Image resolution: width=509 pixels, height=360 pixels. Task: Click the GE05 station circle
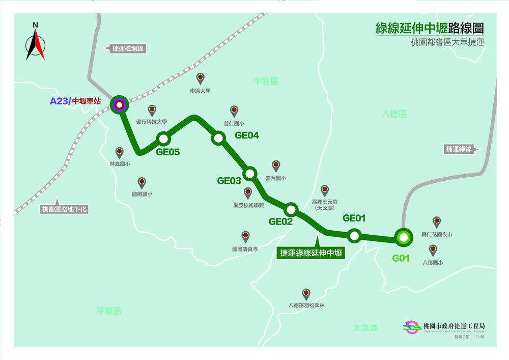coord(163,139)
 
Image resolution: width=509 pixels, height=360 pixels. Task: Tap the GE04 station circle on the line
coord(218,138)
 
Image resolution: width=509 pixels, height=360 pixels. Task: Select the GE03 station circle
coord(249,174)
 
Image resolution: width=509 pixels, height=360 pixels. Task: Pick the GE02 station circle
coord(291,209)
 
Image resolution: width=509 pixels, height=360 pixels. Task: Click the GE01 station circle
coord(354,236)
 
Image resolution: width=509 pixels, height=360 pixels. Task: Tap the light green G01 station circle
coord(403,237)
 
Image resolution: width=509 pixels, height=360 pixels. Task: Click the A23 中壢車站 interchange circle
coord(119,105)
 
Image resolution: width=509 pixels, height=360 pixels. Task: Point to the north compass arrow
coord(35,43)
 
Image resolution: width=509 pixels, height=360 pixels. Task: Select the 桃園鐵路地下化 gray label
coord(64,209)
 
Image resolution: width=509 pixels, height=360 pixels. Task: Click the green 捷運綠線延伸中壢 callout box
coord(311,253)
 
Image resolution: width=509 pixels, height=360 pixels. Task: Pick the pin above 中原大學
coord(201,78)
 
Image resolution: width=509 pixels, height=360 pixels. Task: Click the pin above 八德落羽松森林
coord(306,294)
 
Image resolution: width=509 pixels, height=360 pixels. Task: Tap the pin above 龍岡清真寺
coord(245,236)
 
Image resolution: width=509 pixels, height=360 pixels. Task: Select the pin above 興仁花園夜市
coord(436,222)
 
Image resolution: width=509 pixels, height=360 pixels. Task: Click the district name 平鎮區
coord(109,311)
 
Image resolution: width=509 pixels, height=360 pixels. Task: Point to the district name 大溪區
coord(365,327)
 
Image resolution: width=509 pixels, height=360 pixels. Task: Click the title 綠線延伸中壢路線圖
coord(429,28)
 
